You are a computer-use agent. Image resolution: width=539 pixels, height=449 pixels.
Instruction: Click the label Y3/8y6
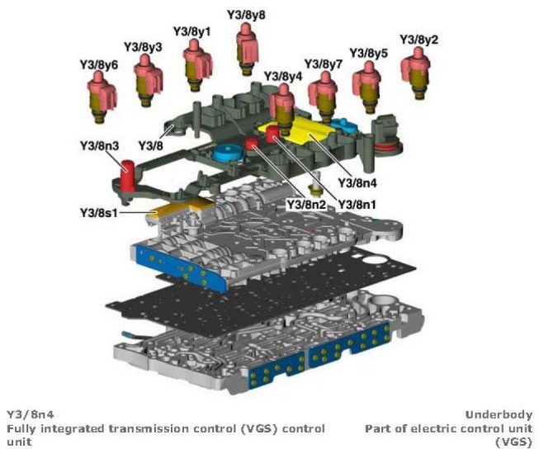pos(98,64)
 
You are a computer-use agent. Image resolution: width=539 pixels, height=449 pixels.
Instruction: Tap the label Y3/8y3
pos(143,47)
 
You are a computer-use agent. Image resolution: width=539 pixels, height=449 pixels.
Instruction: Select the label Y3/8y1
pos(192,31)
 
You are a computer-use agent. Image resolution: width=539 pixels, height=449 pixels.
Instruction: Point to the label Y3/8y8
pos(247,14)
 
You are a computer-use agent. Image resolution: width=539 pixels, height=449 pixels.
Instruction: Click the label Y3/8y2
pos(419,39)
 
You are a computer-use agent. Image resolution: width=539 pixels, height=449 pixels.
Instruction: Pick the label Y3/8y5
pos(368,53)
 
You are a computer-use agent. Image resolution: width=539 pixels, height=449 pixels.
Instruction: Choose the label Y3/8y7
pos(323,64)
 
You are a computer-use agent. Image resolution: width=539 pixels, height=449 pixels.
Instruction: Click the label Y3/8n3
pos(100,146)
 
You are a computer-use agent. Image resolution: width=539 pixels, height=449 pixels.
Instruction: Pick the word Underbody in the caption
pos(499,414)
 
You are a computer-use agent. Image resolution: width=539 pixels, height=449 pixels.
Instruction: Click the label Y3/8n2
pos(306,203)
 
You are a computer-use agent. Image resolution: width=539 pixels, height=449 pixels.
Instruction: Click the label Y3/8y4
pos(283,76)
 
